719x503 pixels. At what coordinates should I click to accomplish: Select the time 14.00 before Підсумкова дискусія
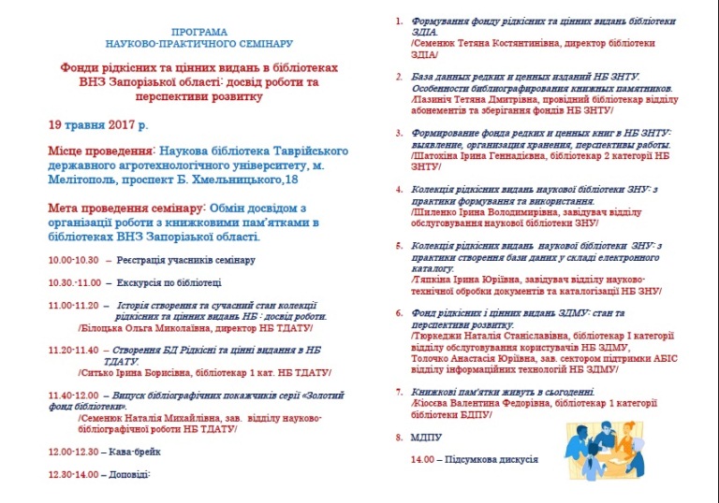(423, 460)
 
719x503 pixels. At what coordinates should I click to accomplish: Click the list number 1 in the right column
(400, 21)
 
